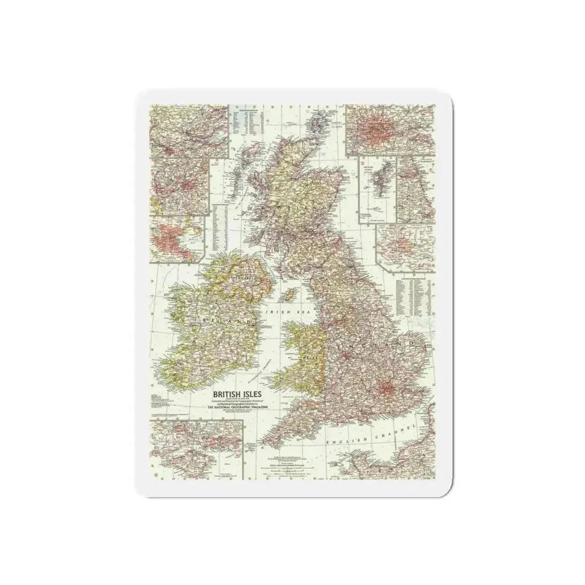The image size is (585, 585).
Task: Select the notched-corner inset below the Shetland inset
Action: click(405, 243)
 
